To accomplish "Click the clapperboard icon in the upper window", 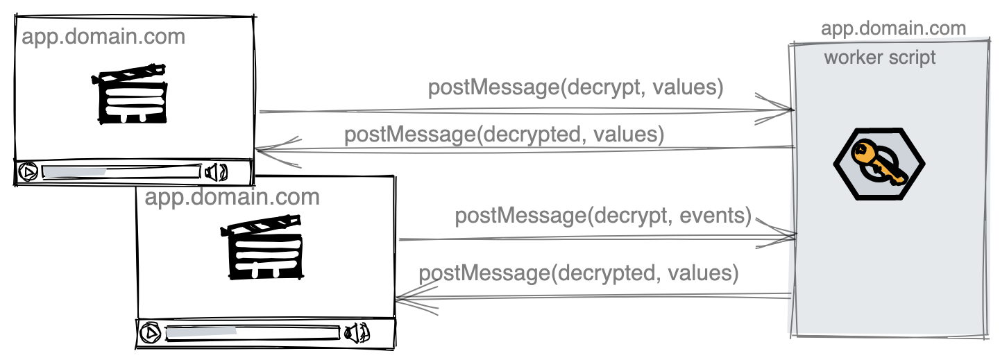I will (129, 94).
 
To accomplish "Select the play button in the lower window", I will (149, 334).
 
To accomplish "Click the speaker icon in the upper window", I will (217, 171).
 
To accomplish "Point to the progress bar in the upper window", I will (121, 171).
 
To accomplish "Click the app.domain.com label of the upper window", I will (103, 36).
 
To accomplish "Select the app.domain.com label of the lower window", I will (232, 197).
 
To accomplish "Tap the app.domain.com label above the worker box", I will (893, 28).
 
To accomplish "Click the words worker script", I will (879, 57).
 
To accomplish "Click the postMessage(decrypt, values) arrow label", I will (575, 88).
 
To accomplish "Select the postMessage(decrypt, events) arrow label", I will (603, 216).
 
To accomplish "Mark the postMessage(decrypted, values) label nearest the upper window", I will (504, 134).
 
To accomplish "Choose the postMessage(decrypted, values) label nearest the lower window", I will (577, 273).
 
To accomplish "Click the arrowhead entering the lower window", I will (409, 298).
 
